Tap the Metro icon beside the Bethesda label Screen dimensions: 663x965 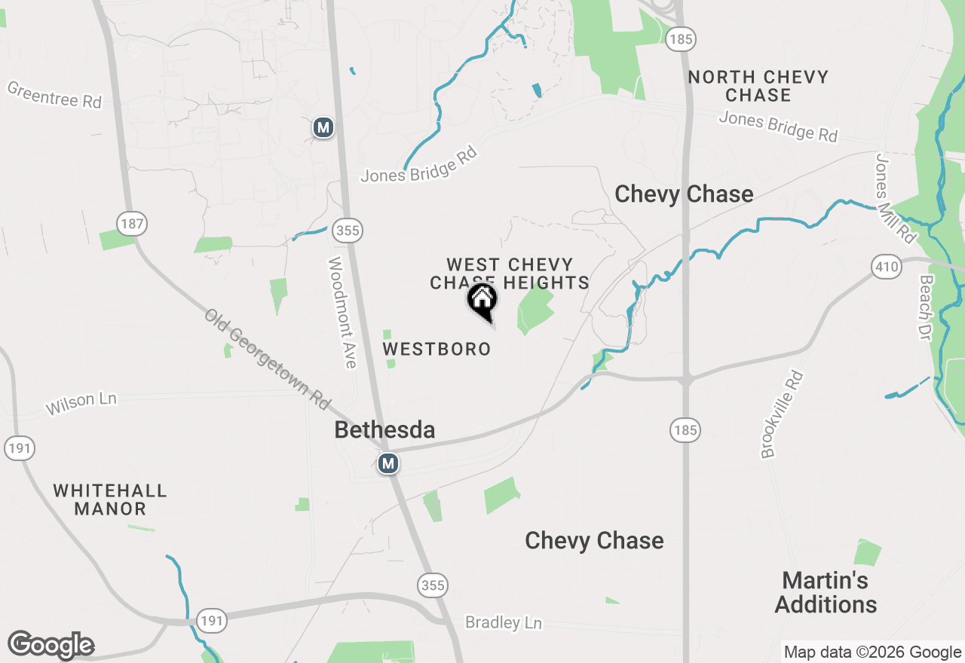tap(388, 463)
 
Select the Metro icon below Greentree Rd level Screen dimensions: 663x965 tap(323, 127)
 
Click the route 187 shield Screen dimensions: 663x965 tap(132, 223)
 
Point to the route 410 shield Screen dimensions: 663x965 tap(887, 266)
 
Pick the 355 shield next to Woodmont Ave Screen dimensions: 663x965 tap(348, 231)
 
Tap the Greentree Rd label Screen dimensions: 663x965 tap(54, 95)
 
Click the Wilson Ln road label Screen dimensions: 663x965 tap(81, 403)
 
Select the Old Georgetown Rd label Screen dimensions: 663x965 tap(268, 359)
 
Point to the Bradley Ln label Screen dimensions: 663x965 tap(504, 622)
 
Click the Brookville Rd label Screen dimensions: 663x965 tap(781, 414)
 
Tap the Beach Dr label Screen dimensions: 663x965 tap(926, 307)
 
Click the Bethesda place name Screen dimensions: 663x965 tap(384, 430)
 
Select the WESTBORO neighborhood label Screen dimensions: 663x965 tap(437, 349)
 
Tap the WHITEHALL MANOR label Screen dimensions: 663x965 tap(110, 500)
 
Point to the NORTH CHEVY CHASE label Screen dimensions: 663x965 tap(758, 86)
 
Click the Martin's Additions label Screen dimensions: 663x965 tap(826, 592)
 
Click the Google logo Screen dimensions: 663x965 tap(51, 646)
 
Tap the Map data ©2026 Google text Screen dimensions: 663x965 tap(872, 652)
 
